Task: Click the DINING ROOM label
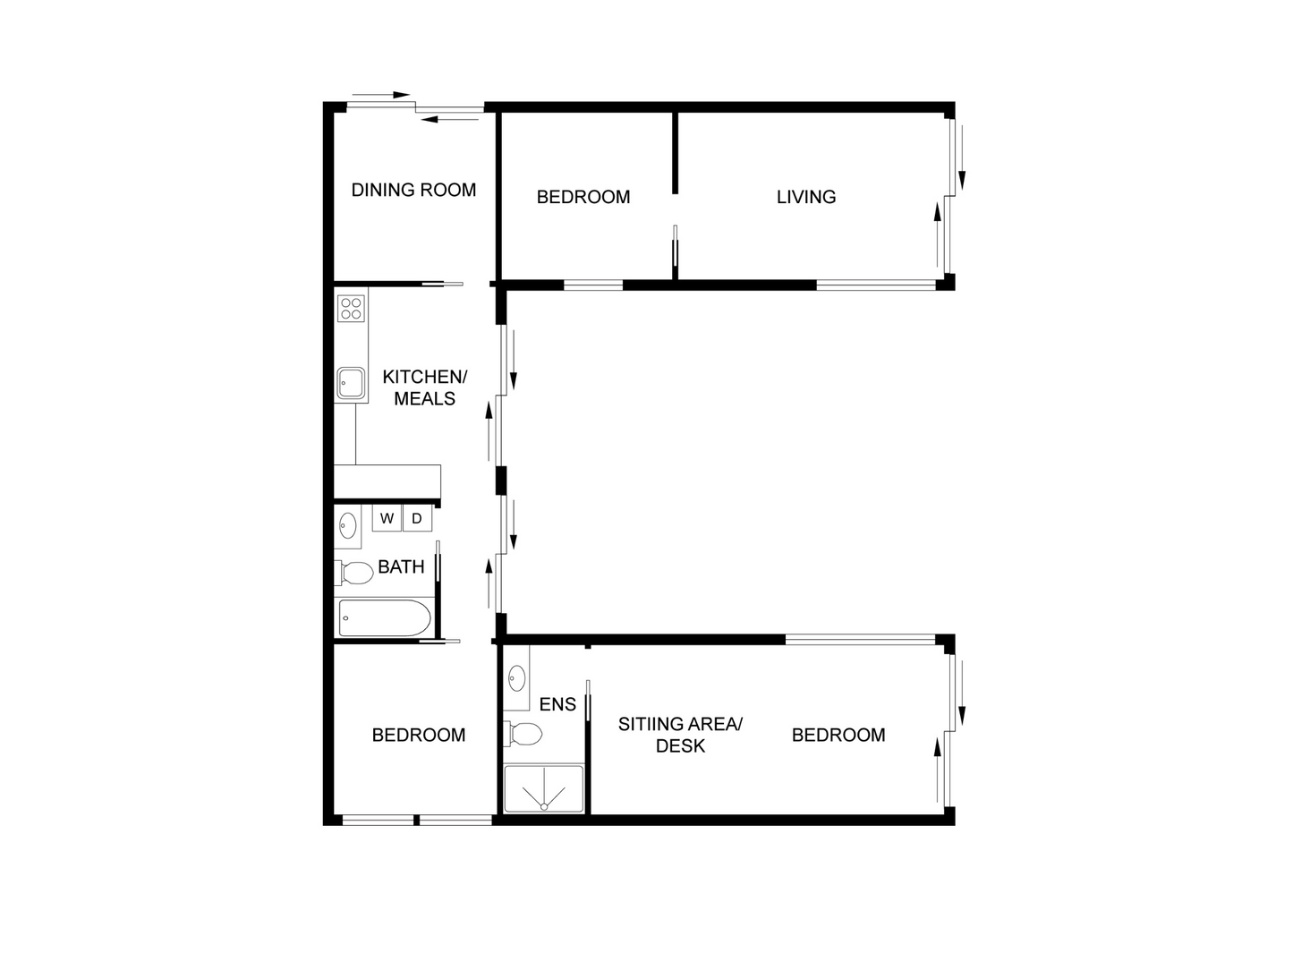coord(413,190)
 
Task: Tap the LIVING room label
coord(805,197)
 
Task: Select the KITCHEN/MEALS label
coord(424,387)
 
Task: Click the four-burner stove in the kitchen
coord(351,308)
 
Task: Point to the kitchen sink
coord(350,383)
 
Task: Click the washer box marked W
coord(387,518)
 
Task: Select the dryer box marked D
coord(417,518)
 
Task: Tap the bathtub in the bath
coord(385,618)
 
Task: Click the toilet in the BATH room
coord(355,572)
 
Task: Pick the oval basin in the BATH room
coord(347,525)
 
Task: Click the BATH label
coord(401,566)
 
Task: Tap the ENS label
coord(557,704)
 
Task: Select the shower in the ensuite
coord(543,789)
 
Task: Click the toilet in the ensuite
coord(525,735)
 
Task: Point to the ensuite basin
coord(516,679)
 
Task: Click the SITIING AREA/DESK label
coord(680,735)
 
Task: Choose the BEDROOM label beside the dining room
coord(583,197)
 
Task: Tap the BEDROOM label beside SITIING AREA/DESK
coord(838,735)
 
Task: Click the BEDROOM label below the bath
coord(419,735)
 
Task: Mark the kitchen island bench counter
coord(388,481)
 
